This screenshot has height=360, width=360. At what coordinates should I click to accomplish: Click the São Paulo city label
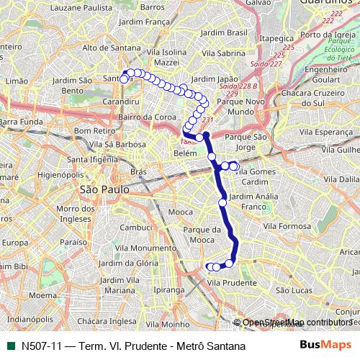105,189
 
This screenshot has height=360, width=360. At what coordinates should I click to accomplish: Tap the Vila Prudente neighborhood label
231,283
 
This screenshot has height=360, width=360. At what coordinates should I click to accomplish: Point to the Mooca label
180,212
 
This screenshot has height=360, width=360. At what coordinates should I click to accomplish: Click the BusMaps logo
325,346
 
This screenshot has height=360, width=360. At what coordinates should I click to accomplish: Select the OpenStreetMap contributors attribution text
295,323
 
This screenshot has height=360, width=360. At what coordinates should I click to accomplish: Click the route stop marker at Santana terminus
124,79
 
